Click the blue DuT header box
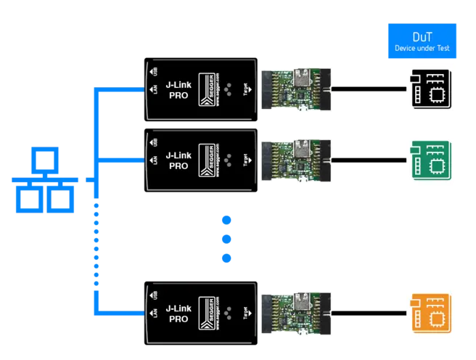pos(421,41)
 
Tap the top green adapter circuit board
pos(297,89)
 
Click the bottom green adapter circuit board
pos(297,313)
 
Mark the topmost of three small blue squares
pos(226,220)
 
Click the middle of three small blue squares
pos(226,238)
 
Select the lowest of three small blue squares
pos(226,257)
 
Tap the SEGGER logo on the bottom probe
pos(207,314)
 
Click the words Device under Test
pos(421,49)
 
